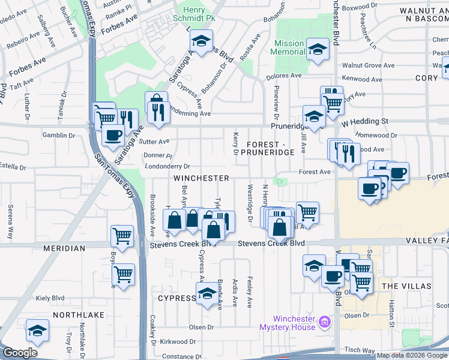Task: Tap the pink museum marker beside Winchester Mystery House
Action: click(x=325, y=323)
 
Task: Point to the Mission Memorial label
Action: click(x=289, y=48)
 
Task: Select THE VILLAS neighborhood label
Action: click(x=406, y=286)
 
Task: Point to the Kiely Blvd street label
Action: click(x=50, y=298)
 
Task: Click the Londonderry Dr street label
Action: click(x=167, y=166)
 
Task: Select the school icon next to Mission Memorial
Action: click(x=317, y=49)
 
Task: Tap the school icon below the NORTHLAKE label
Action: click(x=37, y=331)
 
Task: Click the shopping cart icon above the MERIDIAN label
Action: click(x=122, y=235)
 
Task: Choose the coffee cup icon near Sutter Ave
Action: click(x=112, y=134)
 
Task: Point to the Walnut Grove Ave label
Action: click(x=368, y=65)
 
